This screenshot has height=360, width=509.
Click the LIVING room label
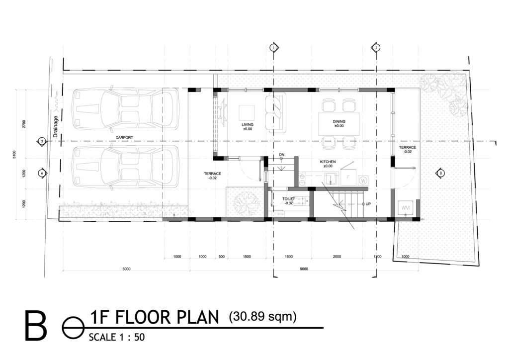[247, 124]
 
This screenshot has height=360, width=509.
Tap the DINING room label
[339, 121]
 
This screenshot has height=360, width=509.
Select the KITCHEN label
[328, 162]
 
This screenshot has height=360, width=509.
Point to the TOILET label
[289, 198]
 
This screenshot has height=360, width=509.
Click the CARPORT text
[123, 137]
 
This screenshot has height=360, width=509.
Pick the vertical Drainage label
[56, 126]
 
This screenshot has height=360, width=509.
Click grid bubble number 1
[272, 47]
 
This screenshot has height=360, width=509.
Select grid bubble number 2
[376, 47]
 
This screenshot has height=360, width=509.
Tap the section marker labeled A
[42, 173]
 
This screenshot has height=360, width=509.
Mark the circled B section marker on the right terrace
[440, 173]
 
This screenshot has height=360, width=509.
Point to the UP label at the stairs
[368, 204]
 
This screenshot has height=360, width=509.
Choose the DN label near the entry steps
[281, 155]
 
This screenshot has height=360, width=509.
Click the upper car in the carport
[124, 108]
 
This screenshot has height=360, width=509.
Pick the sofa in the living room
[275, 112]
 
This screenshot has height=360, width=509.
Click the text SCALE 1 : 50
[116, 337]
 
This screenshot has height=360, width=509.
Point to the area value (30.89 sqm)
[262, 316]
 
